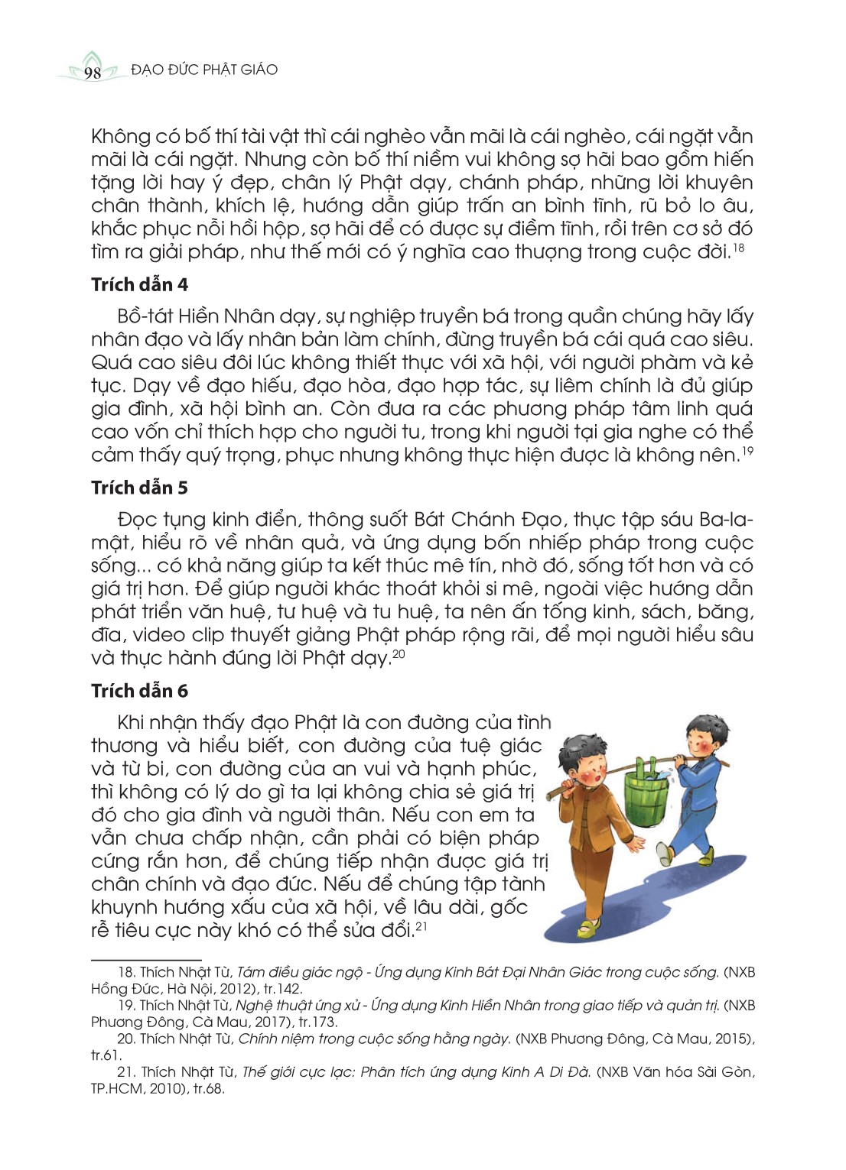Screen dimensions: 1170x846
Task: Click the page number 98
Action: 93,73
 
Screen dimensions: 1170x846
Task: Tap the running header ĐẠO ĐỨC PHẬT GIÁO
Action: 204,70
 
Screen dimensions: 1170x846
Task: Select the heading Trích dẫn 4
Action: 139,285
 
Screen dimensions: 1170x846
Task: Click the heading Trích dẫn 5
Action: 139,488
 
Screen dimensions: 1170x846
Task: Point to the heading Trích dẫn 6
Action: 139,691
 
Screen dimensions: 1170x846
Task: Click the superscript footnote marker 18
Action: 738,248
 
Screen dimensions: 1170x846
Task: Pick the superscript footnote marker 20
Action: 398,654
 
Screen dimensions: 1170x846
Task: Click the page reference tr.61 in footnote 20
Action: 106,1055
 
